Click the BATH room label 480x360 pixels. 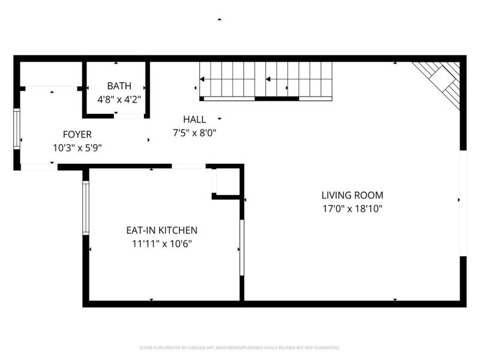(119, 86)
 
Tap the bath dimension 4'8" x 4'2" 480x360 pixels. (119, 100)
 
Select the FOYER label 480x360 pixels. (77, 134)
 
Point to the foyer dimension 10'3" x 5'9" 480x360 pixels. (77, 147)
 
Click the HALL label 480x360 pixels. (194, 119)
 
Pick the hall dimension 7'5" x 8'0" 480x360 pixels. (194, 133)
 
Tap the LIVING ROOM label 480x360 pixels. (352, 195)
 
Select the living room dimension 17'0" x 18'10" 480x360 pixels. (352, 209)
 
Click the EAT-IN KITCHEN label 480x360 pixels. (161, 230)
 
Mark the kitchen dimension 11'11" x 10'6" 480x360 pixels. (161, 244)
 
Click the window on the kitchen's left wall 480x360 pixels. (86, 208)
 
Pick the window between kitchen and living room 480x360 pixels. (242, 247)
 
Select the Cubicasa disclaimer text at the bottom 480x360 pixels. (240, 347)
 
